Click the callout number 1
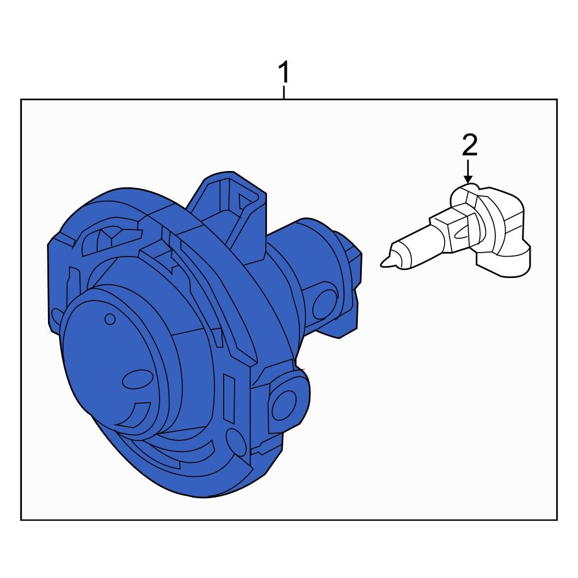284,73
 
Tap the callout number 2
469,145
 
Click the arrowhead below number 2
468,179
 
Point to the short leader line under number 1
284,92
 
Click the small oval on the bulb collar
462,233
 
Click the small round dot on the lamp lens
110,319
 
